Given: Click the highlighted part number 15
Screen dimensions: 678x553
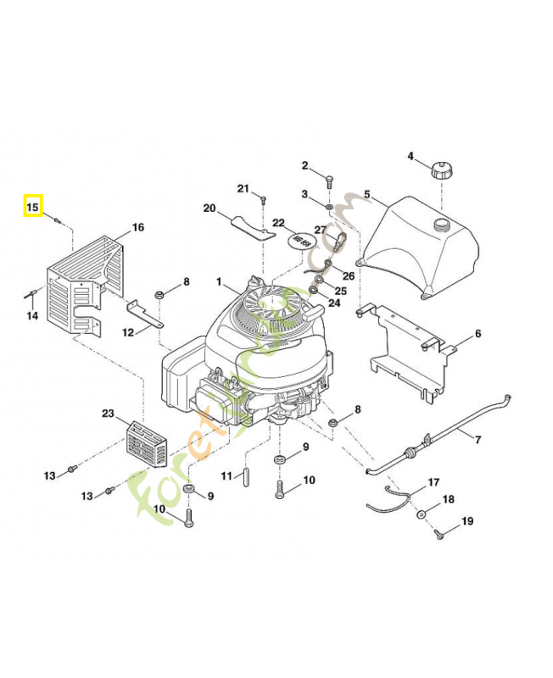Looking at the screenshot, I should point(33,206).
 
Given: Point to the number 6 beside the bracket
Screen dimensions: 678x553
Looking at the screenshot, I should point(478,334).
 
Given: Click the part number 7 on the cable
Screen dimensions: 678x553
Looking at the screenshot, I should point(478,439).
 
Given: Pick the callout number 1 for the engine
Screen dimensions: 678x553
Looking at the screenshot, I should point(218,282).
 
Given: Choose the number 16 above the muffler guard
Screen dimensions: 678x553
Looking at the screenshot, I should point(138,227).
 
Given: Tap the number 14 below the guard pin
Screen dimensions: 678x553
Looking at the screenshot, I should point(32,316).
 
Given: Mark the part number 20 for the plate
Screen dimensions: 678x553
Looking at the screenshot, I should point(209,208).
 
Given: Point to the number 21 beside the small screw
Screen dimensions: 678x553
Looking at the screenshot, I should point(243,187).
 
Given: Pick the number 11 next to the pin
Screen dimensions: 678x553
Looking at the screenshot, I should point(227,475).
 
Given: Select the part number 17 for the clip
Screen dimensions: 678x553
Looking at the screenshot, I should point(433,482).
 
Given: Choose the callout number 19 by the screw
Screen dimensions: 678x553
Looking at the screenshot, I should point(466,520).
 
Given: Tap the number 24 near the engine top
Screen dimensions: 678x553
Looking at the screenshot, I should point(333,302).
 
